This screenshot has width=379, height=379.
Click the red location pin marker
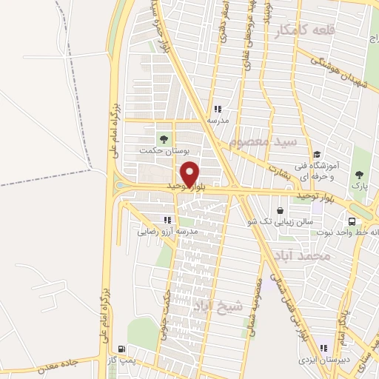tap(190, 172)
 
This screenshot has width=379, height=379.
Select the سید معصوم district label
tap(262, 141)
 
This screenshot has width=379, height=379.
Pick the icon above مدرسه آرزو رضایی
tap(167, 220)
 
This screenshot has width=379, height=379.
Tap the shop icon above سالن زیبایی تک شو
tap(279, 210)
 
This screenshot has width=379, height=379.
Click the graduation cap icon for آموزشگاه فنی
tap(317, 155)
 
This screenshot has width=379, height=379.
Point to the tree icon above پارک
tap(359, 175)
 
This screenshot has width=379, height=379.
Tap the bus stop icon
tap(352, 220)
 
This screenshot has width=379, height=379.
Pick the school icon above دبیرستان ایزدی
tap(323, 347)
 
